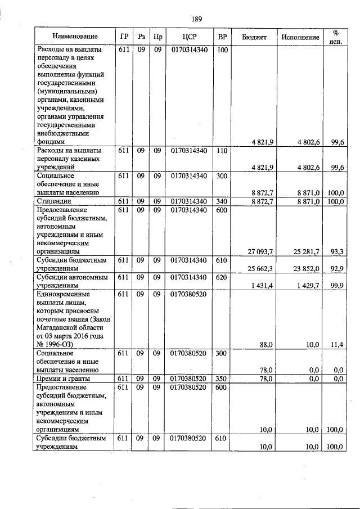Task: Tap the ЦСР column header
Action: pos(189,37)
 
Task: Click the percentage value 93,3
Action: pos(337,251)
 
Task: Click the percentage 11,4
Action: pos(338,344)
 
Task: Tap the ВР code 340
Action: pos(222,201)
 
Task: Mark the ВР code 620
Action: pos(222,278)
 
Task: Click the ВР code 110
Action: pos(222,151)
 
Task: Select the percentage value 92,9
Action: pos(337,269)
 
